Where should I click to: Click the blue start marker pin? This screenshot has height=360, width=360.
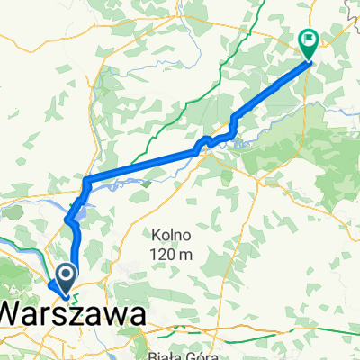[67, 275]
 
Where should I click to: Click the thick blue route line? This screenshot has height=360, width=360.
[144, 166]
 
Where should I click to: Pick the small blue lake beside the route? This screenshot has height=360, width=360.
[80, 213]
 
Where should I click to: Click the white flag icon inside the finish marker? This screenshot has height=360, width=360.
[309, 40]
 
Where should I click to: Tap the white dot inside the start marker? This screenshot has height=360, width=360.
[67, 273]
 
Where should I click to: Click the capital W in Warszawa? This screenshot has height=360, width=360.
[13, 313]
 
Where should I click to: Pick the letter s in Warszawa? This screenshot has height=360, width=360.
[76, 314]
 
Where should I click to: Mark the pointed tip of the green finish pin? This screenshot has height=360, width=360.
[308, 60]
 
